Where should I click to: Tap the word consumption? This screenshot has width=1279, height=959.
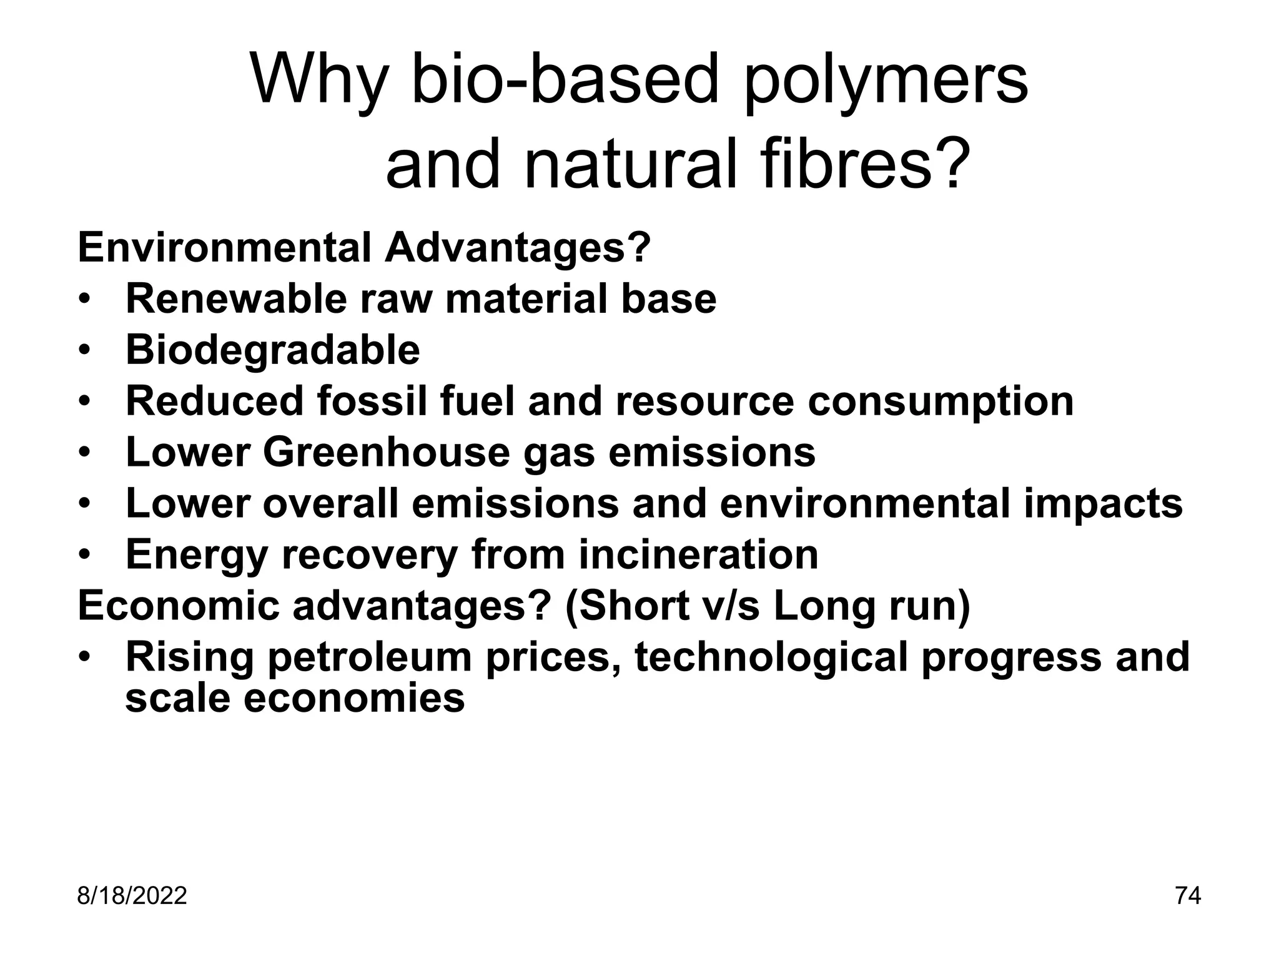click(x=941, y=401)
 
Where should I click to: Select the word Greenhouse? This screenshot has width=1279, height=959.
click(x=386, y=452)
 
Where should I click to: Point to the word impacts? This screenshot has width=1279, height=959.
click(x=1103, y=503)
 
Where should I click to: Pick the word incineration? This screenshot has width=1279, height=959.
click(x=698, y=554)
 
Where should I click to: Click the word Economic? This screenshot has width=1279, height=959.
click(x=179, y=606)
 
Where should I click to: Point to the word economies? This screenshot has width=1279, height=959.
click(x=353, y=697)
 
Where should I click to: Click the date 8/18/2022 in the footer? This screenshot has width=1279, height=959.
click(x=132, y=896)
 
